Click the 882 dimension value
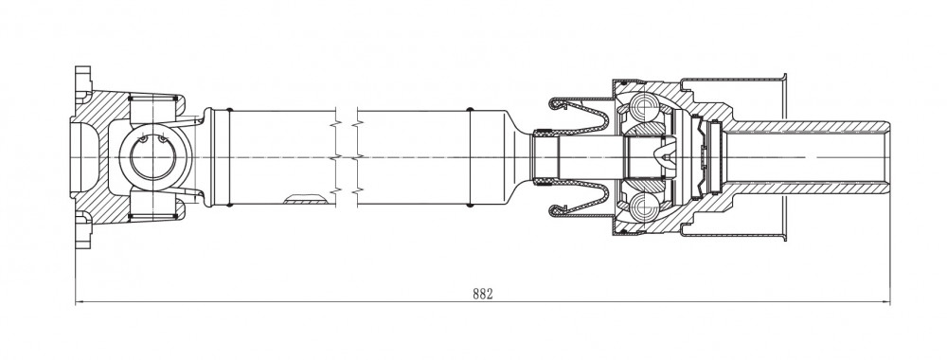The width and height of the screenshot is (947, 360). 483,295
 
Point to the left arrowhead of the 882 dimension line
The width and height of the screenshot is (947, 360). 80,302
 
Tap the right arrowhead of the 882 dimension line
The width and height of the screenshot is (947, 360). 886,302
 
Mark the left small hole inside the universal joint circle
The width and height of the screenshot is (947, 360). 144,140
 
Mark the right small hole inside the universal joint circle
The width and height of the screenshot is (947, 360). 163,140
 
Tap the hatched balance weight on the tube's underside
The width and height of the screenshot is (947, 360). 306,199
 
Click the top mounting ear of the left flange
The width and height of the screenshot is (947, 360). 82,81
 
